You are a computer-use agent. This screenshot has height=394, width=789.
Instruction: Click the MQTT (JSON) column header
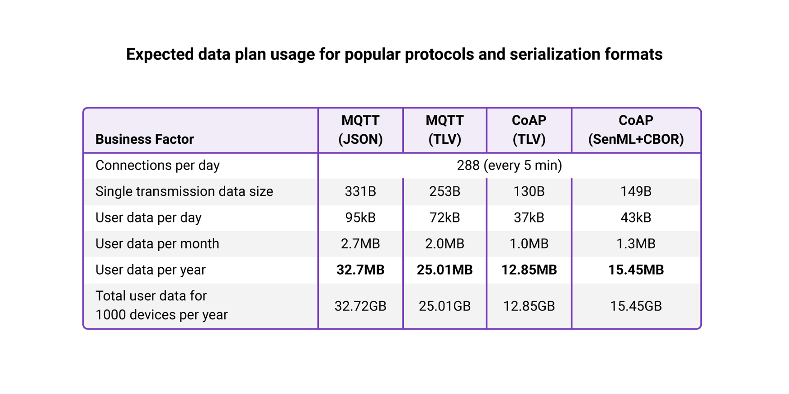point(360,130)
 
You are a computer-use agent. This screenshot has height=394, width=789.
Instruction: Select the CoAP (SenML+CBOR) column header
point(636,130)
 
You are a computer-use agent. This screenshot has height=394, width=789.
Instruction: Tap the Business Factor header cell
point(145,139)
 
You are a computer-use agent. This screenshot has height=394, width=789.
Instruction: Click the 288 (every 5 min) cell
point(509,165)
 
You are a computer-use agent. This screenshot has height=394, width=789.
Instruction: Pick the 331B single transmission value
point(360,191)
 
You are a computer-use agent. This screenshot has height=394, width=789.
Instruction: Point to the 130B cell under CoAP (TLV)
point(529,191)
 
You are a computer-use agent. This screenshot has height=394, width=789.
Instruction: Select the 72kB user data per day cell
point(444,218)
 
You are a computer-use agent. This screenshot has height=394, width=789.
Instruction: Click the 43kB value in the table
point(636,218)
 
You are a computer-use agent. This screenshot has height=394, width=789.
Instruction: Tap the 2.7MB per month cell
point(360,244)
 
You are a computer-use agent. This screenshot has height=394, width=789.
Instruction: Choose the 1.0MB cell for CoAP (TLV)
point(529,244)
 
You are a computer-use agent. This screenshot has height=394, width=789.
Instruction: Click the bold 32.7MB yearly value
point(360,270)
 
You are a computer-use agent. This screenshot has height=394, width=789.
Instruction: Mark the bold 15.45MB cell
point(636,270)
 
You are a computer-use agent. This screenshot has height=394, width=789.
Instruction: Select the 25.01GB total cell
point(444,306)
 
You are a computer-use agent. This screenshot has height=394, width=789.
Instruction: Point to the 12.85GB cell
point(529,306)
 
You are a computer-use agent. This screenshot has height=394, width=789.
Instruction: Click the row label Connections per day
point(157,165)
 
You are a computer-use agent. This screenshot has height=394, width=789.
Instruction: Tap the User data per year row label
point(151,270)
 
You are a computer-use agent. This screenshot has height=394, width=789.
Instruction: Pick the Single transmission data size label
point(184,191)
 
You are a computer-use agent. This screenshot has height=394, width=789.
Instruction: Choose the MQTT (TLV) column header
point(444,130)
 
